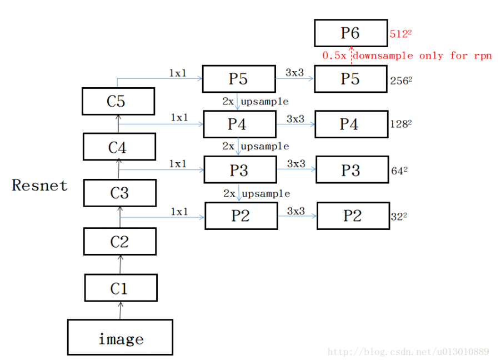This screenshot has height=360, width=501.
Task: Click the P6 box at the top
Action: coord(350,33)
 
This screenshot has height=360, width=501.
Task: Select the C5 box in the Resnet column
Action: coord(118,102)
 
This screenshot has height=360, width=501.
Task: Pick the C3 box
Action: coord(119,193)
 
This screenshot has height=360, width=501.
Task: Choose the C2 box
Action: coord(119,242)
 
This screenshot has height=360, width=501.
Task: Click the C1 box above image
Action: coord(121,288)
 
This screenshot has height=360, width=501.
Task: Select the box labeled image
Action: coord(120,338)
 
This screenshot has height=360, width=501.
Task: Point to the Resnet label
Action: coord(40,185)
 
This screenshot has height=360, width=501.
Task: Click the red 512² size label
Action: coord(400,34)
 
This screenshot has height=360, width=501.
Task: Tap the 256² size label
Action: coord(402,80)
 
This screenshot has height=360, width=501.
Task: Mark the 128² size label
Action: coord(401,124)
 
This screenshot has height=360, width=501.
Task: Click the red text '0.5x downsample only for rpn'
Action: coord(407,56)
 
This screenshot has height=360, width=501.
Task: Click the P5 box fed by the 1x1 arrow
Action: coord(239,79)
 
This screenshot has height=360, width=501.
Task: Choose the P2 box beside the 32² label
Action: coord(353,216)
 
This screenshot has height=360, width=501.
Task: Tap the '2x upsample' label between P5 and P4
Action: coord(255,102)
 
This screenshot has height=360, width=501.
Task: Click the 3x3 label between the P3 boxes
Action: coord(295,164)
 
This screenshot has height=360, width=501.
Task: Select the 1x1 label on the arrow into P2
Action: coord(179,212)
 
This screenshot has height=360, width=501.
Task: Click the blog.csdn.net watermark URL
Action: coord(408,351)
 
